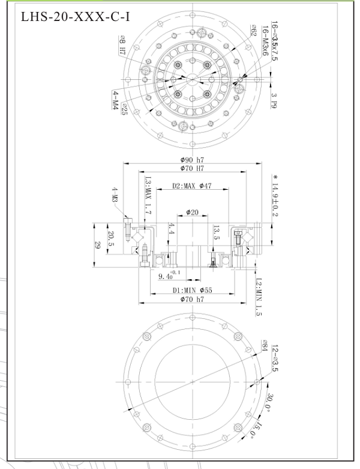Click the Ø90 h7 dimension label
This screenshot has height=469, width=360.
[x=191, y=160]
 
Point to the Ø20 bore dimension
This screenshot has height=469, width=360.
[x=192, y=212]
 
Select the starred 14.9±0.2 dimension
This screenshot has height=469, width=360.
[x=274, y=195]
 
